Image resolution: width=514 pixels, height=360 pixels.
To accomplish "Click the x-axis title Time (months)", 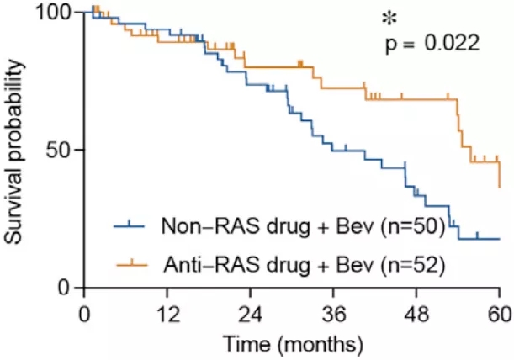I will (293, 344).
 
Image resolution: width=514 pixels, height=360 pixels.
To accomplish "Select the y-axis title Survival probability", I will (17, 151).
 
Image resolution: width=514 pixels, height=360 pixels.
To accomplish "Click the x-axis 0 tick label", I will (83, 313).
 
